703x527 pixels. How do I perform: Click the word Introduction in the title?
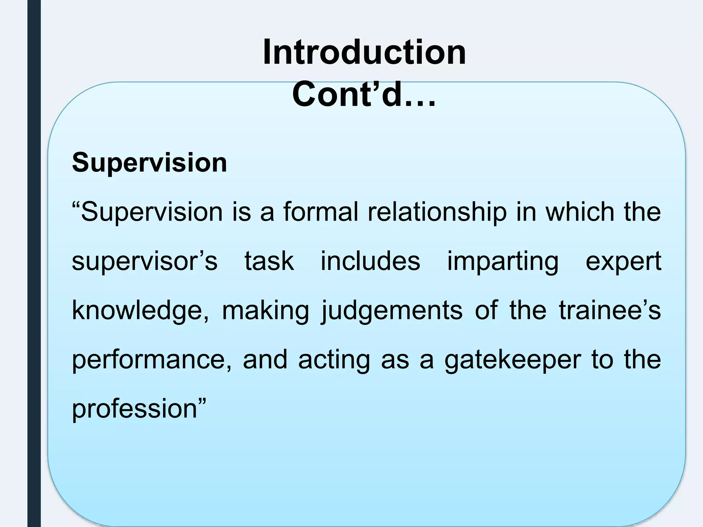pyautogui.click(x=364, y=52)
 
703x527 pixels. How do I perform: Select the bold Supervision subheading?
pyautogui.click(x=150, y=162)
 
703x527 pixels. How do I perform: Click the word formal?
pyautogui.click(x=321, y=212)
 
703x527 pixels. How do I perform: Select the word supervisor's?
pyautogui.click(x=145, y=261)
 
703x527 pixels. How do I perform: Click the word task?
pyautogui.click(x=269, y=261)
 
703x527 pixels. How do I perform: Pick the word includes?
pyautogui.click(x=370, y=261)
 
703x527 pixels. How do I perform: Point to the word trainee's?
pyautogui.click(x=610, y=310)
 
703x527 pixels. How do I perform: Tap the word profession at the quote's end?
pyautogui.click(x=135, y=409)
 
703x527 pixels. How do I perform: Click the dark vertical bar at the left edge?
pyautogui.click(x=34, y=263)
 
